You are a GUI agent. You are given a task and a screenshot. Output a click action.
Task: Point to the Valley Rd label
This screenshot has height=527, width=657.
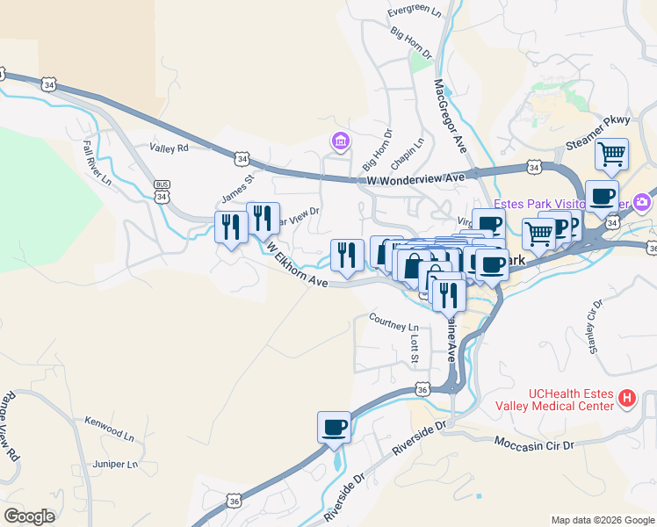[169, 148]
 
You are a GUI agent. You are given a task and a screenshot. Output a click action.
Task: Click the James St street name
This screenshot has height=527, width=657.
[236, 185]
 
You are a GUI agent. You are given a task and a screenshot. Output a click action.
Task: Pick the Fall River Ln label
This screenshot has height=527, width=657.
[97, 162]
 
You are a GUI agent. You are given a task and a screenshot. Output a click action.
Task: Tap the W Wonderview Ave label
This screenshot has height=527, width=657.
[415, 178]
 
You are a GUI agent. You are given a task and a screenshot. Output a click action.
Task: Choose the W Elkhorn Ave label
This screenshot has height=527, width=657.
[297, 264]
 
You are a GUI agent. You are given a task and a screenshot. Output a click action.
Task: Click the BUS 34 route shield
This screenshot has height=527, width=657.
[162, 191]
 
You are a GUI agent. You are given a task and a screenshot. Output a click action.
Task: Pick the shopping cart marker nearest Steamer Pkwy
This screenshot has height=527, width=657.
[611, 155]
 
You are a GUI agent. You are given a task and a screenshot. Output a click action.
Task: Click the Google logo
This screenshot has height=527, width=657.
[29, 516]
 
